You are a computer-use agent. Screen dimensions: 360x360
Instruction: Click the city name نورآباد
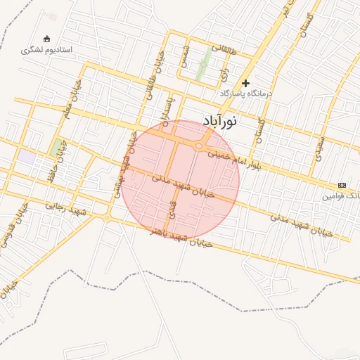pos(219,121)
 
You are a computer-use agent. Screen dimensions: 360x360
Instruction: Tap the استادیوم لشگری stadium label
pos(46,51)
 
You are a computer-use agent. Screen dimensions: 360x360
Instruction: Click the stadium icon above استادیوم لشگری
pos(47,38)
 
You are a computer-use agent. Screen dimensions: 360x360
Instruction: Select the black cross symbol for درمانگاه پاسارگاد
pos(246,83)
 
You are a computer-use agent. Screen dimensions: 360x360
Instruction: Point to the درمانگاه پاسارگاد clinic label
pos(245,94)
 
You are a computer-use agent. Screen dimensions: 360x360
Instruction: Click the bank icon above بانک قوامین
pos(342,185)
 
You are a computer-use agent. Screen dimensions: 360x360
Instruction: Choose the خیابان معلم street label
pos(72,101)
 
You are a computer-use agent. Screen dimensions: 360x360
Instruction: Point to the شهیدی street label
pos(320,147)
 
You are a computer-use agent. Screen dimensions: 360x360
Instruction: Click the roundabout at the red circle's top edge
pos(200,146)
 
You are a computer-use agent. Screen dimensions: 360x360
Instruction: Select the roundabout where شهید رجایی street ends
pos(107,219)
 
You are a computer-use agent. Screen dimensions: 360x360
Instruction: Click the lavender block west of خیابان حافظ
pos(26,157)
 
